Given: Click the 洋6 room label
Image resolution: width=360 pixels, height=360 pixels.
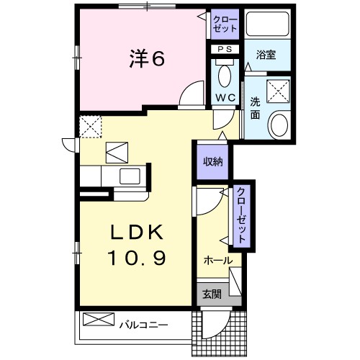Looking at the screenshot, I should [148, 59].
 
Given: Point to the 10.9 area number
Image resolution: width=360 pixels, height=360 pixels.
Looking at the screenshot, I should [138, 256].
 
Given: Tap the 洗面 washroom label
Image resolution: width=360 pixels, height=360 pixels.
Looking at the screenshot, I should [256, 108].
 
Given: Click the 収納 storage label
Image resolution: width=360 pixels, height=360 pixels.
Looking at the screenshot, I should [212, 161].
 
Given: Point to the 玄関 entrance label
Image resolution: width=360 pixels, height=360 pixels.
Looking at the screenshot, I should [211, 294].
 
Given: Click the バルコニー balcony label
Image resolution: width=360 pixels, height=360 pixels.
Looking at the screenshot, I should [143, 325].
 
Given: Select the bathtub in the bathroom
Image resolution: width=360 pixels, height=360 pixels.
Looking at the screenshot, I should [266, 25].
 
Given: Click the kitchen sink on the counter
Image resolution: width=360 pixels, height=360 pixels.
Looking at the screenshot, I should [130, 176].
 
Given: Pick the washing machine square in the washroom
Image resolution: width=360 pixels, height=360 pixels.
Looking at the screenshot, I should [276, 91].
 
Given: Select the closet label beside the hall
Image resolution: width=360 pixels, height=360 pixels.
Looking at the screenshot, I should [242, 216].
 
